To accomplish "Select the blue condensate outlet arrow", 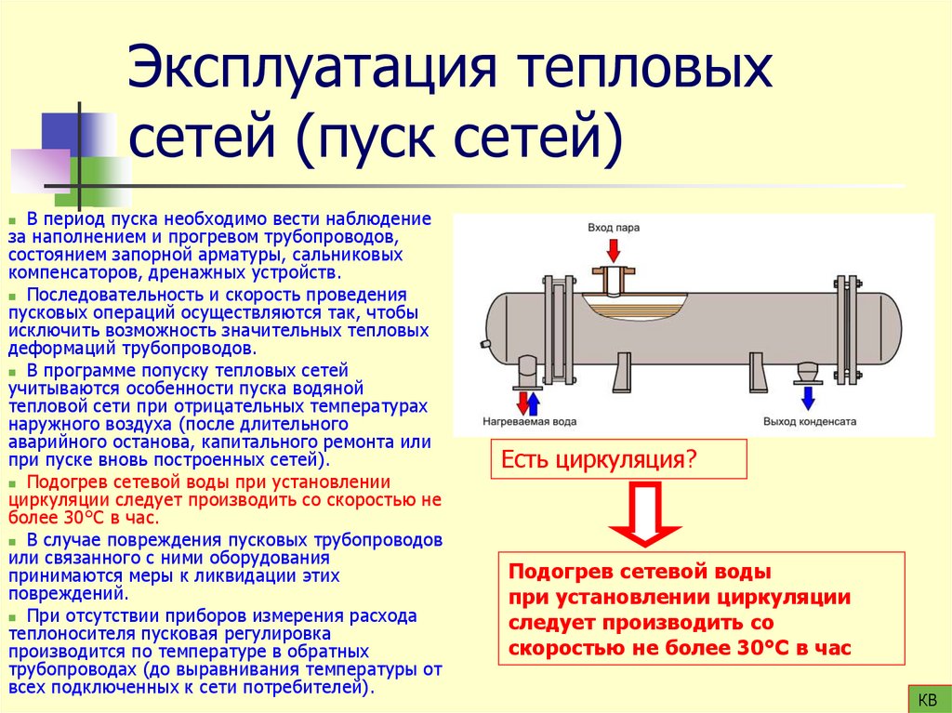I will point(808,398).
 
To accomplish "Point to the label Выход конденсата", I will point(808,421).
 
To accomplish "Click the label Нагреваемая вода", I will point(528,421).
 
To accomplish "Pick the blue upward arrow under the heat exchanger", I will point(535,402).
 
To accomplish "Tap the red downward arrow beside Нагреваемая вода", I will point(522,402).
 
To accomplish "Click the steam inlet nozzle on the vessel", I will point(614,278).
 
